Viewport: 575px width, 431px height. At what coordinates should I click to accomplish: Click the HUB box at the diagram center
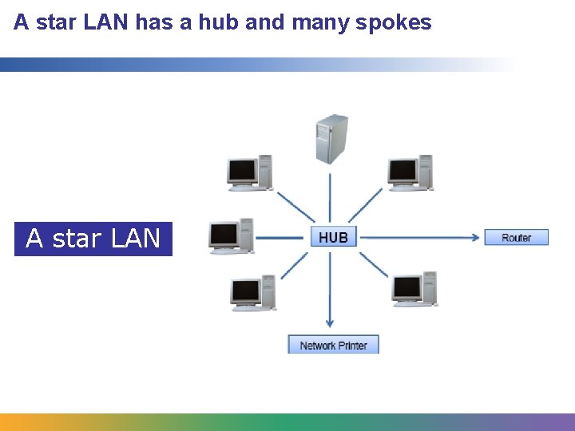click(x=333, y=237)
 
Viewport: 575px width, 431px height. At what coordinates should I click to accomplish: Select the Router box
click(x=517, y=237)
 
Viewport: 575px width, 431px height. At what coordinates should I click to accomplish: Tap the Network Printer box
click(x=333, y=345)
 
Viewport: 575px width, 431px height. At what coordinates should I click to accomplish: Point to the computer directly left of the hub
click(x=231, y=236)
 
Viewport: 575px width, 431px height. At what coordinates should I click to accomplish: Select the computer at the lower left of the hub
click(x=253, y=293)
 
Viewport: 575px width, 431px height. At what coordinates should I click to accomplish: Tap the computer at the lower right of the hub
click(x=414, y=289)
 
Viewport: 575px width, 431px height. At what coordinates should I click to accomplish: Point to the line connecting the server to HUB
click(x=330, y=196)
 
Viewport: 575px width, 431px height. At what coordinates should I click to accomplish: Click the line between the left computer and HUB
click(x=282, y=237)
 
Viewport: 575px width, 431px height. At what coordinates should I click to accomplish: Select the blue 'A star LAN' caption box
click(x=93, y=239)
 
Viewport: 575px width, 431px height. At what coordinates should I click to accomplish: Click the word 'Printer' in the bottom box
click(x=352, y=346)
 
